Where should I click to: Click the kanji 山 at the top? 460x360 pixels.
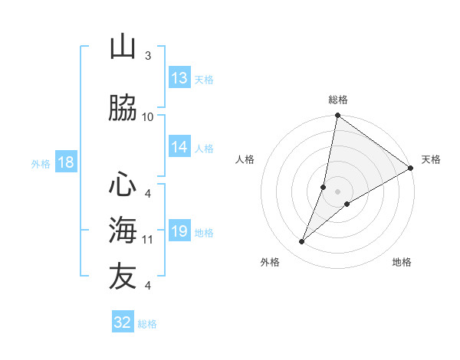(123, 47)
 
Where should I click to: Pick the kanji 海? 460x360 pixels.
(123, 229)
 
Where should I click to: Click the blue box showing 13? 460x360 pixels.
(179, 78)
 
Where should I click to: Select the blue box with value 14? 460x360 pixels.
(179, 147)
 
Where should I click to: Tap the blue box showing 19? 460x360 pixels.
(179, 231)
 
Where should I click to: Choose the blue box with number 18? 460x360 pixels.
(65, 162)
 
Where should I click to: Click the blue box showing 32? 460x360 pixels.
(123, 322)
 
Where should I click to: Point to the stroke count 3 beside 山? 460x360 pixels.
(148, 56)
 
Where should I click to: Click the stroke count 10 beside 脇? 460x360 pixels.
(148, 116)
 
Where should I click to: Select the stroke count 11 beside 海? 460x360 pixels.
(148, 239)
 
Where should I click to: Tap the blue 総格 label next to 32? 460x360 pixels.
(147, 324)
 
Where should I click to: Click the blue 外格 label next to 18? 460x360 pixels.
(41, 163)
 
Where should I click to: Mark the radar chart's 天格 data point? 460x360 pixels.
(411, 169)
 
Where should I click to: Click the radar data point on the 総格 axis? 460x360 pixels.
(337, 116)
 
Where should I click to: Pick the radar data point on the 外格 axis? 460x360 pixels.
(302, 242)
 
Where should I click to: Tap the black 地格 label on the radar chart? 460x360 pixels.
(402, 263)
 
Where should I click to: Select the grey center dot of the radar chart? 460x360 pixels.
(337, 191)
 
